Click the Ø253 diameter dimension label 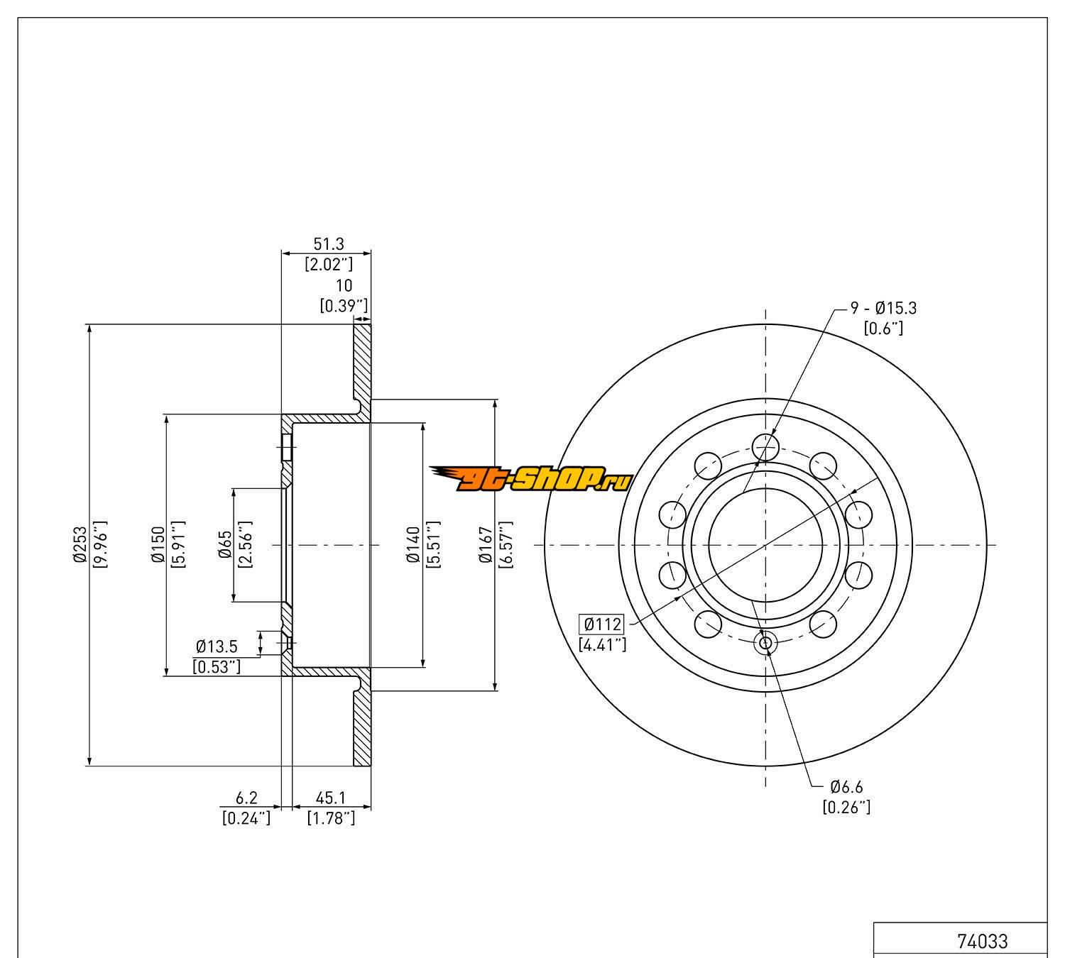click(79, 544)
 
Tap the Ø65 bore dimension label click(226, 544)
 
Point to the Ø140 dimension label click(414, 544)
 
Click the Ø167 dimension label click(486, 544)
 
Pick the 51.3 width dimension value click(328, 244)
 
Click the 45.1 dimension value click(331, 798)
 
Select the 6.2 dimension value click(246, 798)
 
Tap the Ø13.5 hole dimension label click(217, 646)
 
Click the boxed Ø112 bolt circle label click(602, 624)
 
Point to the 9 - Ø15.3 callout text click(883, 308)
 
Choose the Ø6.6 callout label click(846, 787)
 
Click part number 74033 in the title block click(983, 941)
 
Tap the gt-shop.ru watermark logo click(530, 479)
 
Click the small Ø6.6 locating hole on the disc click(765, 643)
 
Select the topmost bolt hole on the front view click(765, 446)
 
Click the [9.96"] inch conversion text click(99, 544)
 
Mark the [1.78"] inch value click(331, 818)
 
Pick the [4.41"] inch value click(602, 644)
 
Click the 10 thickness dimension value click(344, 285)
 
